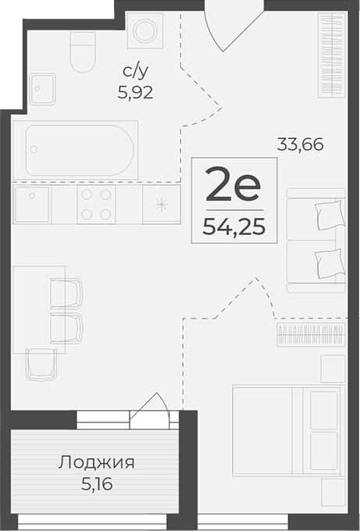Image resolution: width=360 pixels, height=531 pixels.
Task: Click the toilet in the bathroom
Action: pos(83,52)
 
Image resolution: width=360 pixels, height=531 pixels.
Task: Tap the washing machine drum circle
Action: pos(145,30)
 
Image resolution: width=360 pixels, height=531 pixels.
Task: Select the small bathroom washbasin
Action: pos(42,89)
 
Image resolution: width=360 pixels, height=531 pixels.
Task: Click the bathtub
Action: pos(75,150)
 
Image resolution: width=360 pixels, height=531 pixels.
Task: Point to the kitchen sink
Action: pos(32,204)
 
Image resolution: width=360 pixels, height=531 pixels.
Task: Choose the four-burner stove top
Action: pos(96,204)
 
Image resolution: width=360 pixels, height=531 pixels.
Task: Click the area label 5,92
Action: pos(135,92)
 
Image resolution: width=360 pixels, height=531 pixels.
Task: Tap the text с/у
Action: pos(135,72)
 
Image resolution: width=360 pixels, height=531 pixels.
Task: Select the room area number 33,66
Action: pos(300,144)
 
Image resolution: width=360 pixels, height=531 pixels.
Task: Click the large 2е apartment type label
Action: pos(233,184)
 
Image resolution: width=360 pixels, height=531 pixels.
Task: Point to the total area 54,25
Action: pos(234,227)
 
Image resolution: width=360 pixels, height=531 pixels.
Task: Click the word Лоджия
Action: pos(97,462)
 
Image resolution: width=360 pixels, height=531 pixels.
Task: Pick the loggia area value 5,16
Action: pos(97,484)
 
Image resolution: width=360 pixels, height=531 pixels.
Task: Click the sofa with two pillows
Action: pos(316,241)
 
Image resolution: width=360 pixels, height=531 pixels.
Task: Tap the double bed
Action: pos(288,430)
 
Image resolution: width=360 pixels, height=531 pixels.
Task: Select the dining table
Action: pos(39,309)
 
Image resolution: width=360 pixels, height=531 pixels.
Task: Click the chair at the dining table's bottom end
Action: pos(41,365)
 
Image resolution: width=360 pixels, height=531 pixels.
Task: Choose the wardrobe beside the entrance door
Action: pos(332,55)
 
